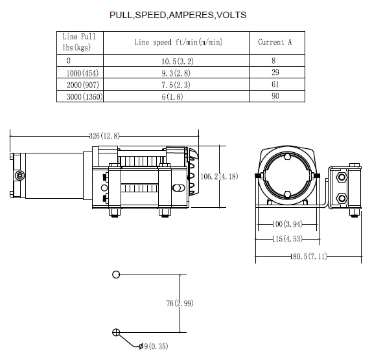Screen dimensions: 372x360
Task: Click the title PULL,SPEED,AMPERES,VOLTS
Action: click(x=178, y=15)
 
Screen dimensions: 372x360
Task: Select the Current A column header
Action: click(x=275, y=42)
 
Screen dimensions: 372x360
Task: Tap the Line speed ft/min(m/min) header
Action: click(x=178, y=42)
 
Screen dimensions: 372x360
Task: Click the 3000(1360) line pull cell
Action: click(x=85, y=96)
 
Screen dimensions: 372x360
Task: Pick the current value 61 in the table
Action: click(x=275, y=84)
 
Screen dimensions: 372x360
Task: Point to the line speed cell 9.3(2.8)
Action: click(x=176, y=73)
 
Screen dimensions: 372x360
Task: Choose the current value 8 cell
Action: click(x=273, y=61)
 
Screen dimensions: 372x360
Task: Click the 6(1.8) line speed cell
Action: click(x=172, y=96)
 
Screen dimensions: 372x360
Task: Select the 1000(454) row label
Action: click(x=82, y=73)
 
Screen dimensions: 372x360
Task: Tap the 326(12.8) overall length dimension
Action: click(x=104, y=136)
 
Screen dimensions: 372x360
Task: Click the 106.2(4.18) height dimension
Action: click(x=219, y=177)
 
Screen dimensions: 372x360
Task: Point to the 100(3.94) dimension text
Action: click(x=287, y=224)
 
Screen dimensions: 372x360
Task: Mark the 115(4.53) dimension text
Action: click(x=287, y=239)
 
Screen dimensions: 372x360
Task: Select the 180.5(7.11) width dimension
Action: click(x=308, y=256)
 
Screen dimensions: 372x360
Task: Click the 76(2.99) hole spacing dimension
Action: click(x=180, y=303)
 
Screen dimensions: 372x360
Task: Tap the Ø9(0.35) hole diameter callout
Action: click(x=153, y=346)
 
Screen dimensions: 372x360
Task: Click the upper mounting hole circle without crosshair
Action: click(x=116, y=275)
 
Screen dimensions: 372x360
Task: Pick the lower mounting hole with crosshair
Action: click(x=116, y=332)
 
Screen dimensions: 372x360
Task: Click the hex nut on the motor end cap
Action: click(x=19, y=175)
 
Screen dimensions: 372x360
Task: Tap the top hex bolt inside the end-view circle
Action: click(x=287, y=157)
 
